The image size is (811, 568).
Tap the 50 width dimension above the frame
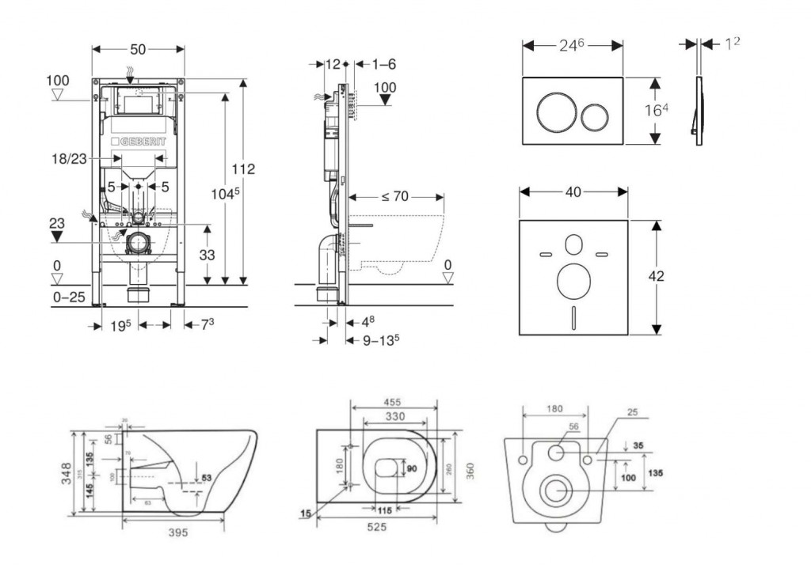point(138,49)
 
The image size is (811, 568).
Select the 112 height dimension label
point(244,169)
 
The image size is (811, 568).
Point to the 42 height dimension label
point(655,276)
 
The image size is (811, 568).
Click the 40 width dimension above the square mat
point(573,191)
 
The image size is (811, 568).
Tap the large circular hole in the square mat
point(573,282)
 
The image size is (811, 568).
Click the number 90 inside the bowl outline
point(411,469)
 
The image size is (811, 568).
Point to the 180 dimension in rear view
point(554,408)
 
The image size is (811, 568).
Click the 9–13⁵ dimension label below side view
point(380,340)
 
